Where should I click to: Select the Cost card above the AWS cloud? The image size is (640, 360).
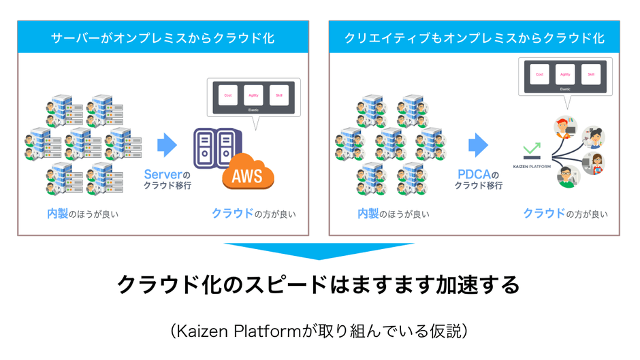click(227, 96)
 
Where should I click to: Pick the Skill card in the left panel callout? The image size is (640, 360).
click(278, 96)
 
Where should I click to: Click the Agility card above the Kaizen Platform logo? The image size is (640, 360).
click(564, 74)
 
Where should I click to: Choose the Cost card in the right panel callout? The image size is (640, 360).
click(539, 74)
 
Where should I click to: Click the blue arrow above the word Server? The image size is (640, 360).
click(167, 145)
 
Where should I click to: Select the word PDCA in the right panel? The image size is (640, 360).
click(473, 174)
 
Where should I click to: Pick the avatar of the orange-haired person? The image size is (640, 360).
click(562, 127)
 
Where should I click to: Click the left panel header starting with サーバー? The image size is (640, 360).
click(163, 37)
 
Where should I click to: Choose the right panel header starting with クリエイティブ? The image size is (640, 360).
click(474, 37)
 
